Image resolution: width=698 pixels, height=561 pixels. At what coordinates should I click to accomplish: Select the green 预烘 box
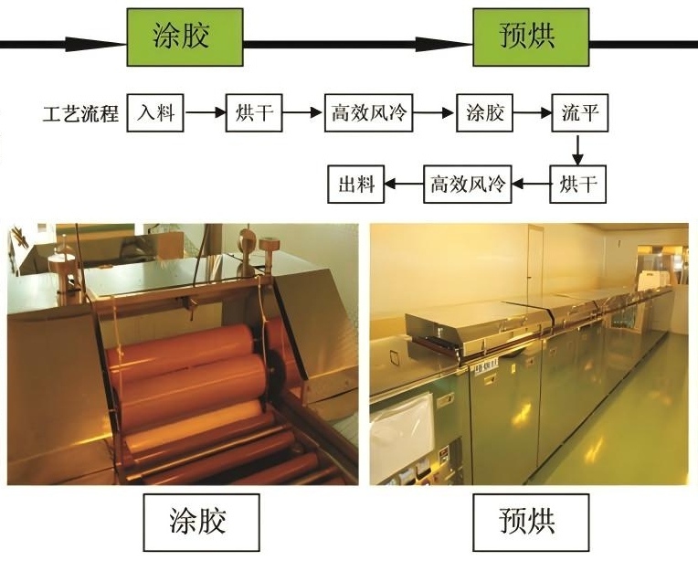pos(531,37)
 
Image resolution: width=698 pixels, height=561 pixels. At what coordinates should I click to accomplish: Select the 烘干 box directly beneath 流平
pos(578,185)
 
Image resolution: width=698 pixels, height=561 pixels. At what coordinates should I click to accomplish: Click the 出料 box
pos(356,185)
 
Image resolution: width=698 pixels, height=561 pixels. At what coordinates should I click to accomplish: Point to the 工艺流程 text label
pos(81,115)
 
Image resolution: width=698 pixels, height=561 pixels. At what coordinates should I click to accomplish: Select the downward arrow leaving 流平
pos(578,149)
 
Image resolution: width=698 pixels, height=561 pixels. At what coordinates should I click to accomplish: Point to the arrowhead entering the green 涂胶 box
pos(108,43)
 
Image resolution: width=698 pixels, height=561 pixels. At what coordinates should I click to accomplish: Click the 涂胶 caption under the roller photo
pos(197,522)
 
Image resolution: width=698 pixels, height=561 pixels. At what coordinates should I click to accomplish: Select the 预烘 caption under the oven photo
pos(528,522)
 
